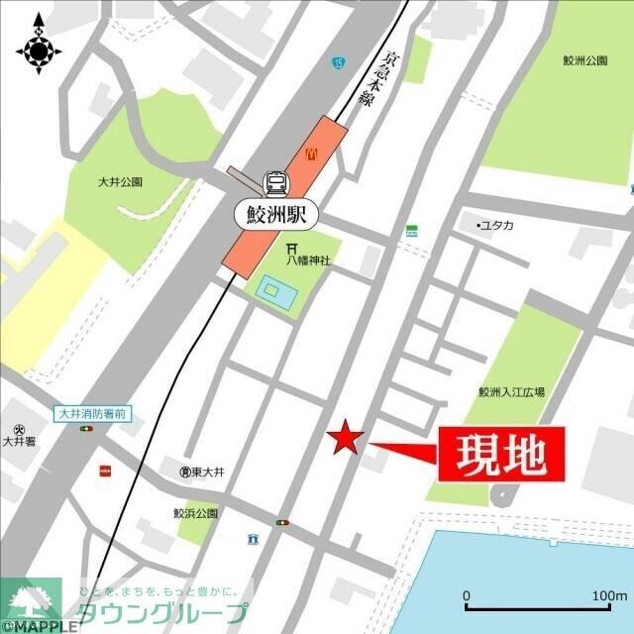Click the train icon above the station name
click(275, 182)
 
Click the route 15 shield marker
click(341, 62)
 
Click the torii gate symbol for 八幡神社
click(293, 248)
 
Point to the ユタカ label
click(497, 226)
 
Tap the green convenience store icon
click(410, 231)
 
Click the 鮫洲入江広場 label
click(511, 392)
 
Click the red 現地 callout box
click(499, 455)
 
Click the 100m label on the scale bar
click(610, 594)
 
